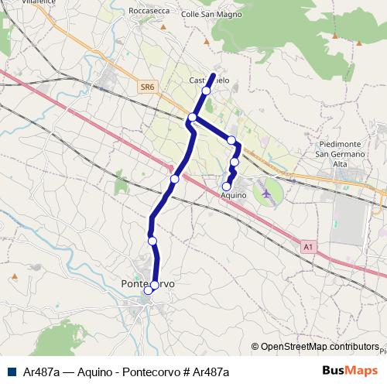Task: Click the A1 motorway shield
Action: pyautogui.click(x=308, y=247)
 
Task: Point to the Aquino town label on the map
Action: pyautogui.click(x=233, y=196)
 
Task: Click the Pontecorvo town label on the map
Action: pyautogui.click(x=148, y=284)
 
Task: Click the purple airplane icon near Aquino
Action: pyautogui.click(x=268, y=192)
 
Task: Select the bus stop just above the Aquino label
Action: pyautogui.click(x=227, y=186)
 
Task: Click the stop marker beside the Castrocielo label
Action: pyautogui.click(x=206, y=91)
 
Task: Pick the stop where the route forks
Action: pyautogui.click(x=192, y=118)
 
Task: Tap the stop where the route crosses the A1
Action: pyautogui.click(x=174, y=179)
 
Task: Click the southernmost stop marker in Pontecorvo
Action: pyautogui.click(x=149, y=290)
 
